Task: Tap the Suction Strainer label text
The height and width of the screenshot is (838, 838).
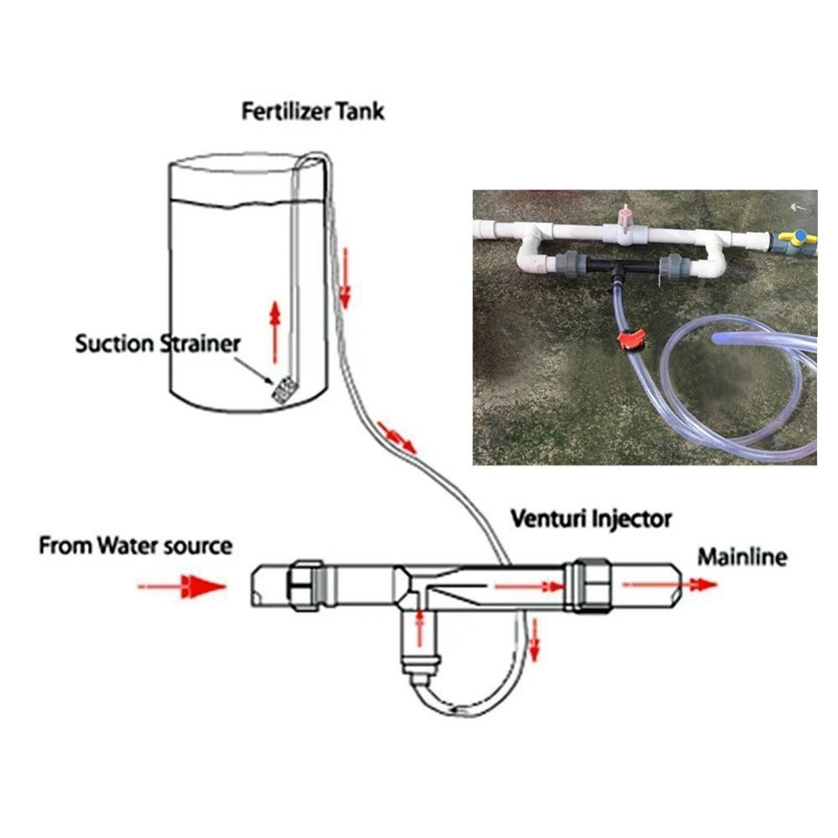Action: pos(157,343)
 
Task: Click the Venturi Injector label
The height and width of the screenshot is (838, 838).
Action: pos(591,519)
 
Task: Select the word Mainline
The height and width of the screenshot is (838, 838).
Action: pos(743,557)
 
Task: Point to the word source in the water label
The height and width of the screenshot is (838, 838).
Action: pos(197,547)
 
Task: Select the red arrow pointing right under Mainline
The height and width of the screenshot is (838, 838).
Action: pos(670,584)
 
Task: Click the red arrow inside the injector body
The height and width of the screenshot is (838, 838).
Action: pos(527,586)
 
